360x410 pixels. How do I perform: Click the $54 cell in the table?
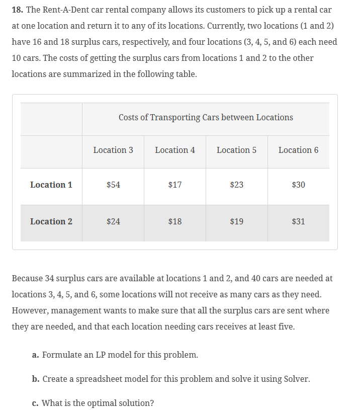click(x=113, y=185)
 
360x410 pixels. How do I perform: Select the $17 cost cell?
click(x=175, y=185)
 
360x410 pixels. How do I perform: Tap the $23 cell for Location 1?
click(x=236, y=185)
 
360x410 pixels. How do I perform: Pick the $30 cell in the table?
click(x=298, y=185)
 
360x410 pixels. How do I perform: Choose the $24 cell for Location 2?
click(x=113, y=221)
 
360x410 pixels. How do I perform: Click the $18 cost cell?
click(x=175, y=221)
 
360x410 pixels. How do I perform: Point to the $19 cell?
click(x=236, y=221)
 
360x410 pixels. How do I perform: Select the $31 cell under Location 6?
click(x=298, y=221)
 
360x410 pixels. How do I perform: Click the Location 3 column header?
click(x=113, y=150)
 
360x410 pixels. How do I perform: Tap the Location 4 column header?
click(x=175, y=150)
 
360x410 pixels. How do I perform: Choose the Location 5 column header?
click(x=236, y=150)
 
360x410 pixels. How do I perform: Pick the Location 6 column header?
click(x=298, y=150)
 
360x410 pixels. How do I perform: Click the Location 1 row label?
click(x=51, y=185)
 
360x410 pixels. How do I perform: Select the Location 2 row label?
click(x=51, y=221)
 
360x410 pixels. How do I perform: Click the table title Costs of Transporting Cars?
click(x=206, y=117)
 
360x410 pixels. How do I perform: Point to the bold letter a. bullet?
click(x=35, y=355)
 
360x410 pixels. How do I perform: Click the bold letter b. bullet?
click(x=35, y=379)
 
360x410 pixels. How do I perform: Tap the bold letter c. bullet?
click(x=35, y=403)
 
